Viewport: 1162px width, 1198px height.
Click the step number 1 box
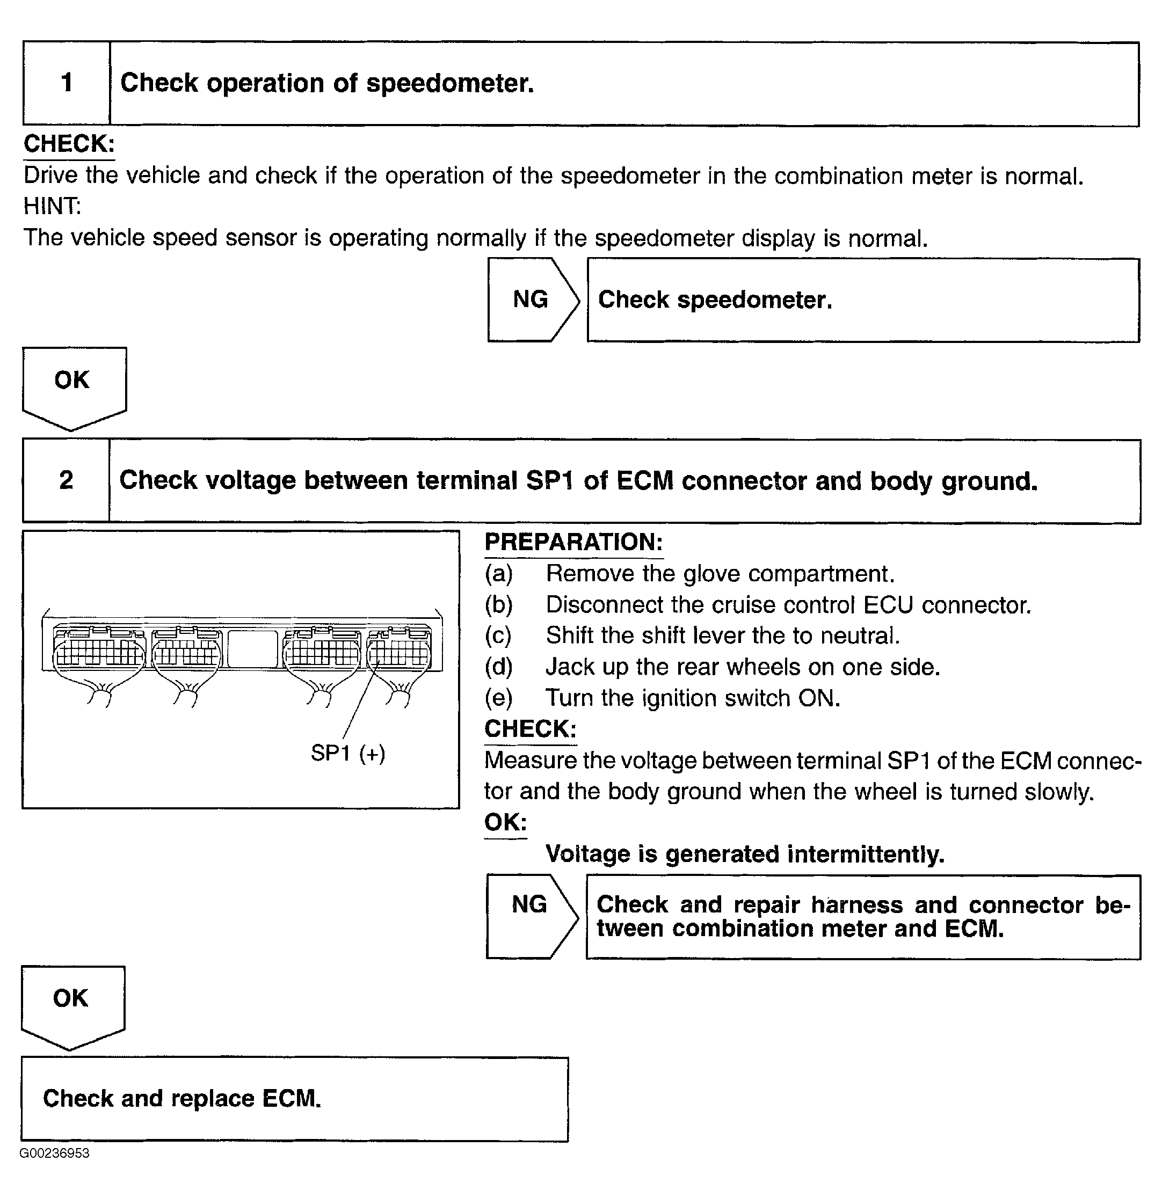pyautogui.click(x=67, y=84)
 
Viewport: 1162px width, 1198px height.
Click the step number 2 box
pyautogui.click(x=66, y=480)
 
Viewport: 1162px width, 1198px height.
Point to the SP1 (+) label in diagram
pyautogui.click(x=348, y=753)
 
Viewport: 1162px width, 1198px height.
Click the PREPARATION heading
pyautogui.click(x=573, y=542)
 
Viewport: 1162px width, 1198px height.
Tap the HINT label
pyautogui.click(x=52, y=206)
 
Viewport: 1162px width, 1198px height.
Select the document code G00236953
pyautogui.click(x=54, y=1153)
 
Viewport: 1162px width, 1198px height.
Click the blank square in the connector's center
pyautogui.click(x=252, y=648)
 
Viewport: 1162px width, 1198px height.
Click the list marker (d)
pyautogui.click(x=498, y=667)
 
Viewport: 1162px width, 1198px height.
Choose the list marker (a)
pyautogui.click(x=498, y=574)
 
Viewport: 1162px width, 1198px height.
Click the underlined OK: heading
pyautogui.click(x=505, y=823)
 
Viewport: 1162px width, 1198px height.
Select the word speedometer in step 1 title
pyautogui.click(x=449, y=83)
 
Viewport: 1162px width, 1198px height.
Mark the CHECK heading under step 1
pyautogui.click(x=69, y=144)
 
